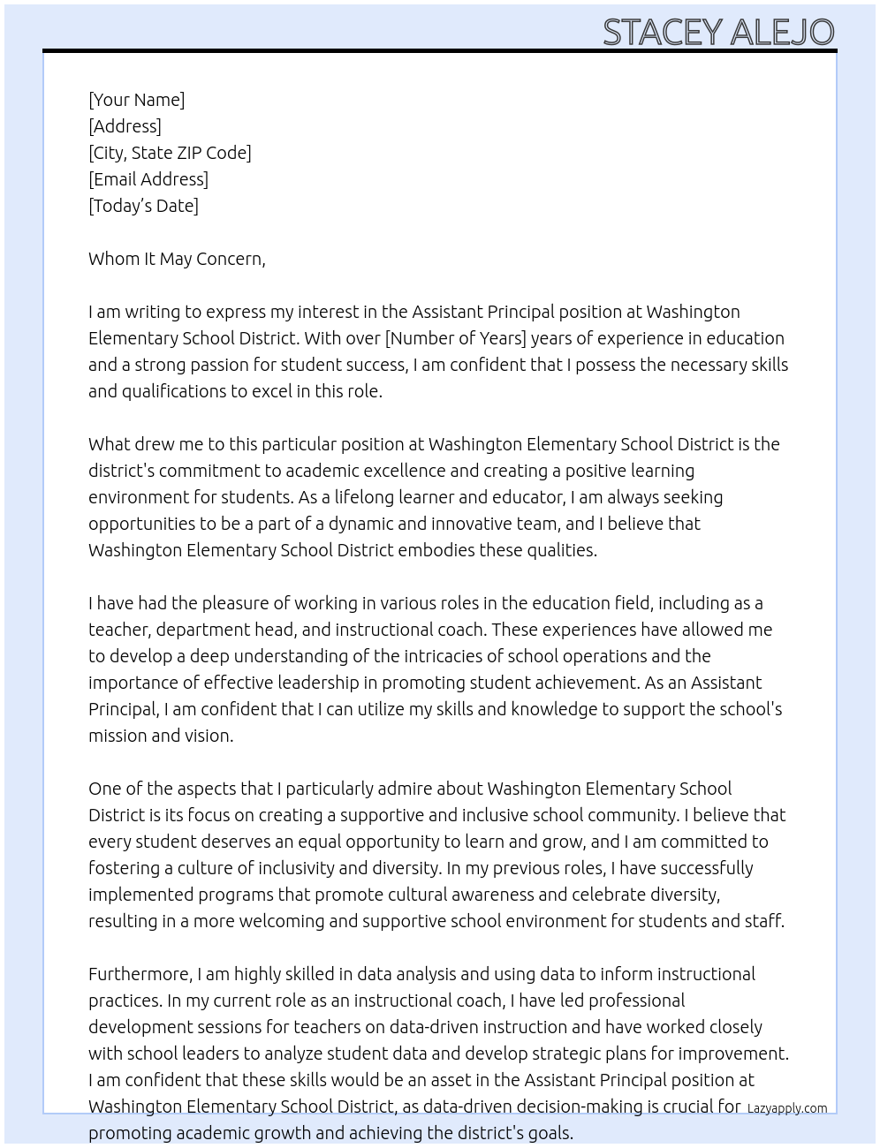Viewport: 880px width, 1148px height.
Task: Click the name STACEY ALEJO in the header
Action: [718, 33]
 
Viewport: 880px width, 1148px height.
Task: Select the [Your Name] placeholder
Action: [136, 100]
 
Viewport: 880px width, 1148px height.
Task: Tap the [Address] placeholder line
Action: [125, 126]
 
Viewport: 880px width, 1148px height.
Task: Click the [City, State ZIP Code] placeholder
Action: [170, 153]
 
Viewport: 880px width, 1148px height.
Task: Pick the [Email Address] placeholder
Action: [148, 179]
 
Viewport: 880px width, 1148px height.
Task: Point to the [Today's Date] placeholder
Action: [143, 206]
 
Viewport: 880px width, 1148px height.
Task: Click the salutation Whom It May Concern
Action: [177, 259]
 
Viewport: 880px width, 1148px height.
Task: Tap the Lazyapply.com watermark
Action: [786, 1108]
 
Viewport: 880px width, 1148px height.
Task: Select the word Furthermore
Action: [140, 974]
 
